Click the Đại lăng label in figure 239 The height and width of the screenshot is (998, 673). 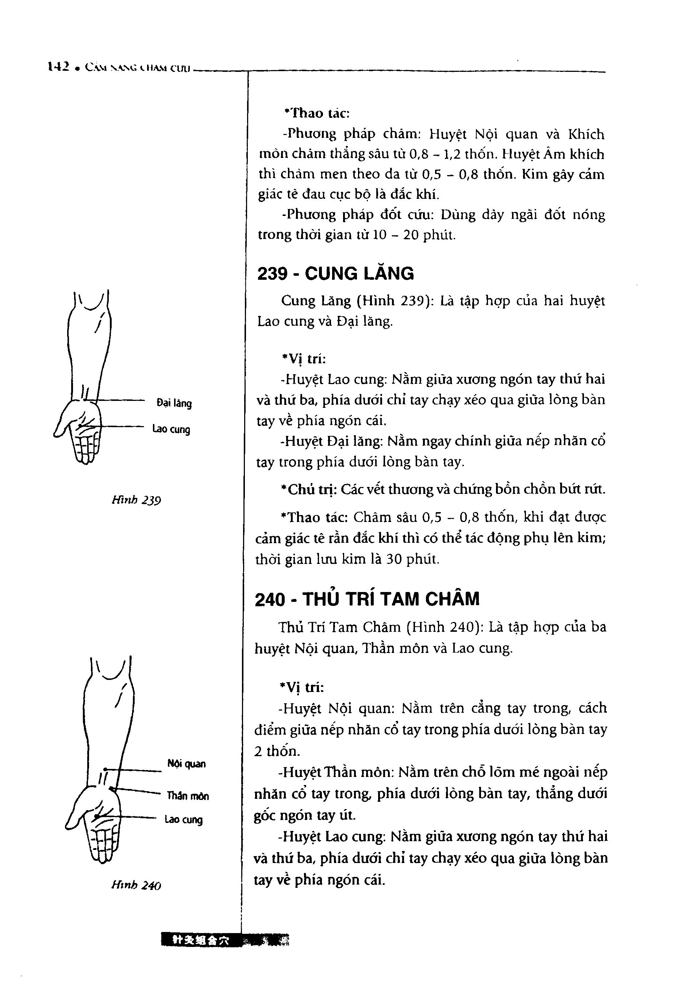[174, 403]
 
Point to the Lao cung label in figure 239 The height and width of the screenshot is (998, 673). [171, 429]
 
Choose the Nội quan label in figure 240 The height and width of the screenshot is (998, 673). [186, 764]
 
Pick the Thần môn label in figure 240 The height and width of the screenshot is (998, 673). [188, 796]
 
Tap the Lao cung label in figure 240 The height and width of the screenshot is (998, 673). [183, 820]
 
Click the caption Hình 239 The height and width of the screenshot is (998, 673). [136, 500]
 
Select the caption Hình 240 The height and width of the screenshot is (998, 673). [136, 885]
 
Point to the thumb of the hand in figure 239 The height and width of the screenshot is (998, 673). [60, 427]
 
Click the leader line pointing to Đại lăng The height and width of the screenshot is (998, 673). [120, 401]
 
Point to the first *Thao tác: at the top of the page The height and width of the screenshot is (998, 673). [317, 113]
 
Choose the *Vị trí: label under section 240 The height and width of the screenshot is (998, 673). [302, 688]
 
